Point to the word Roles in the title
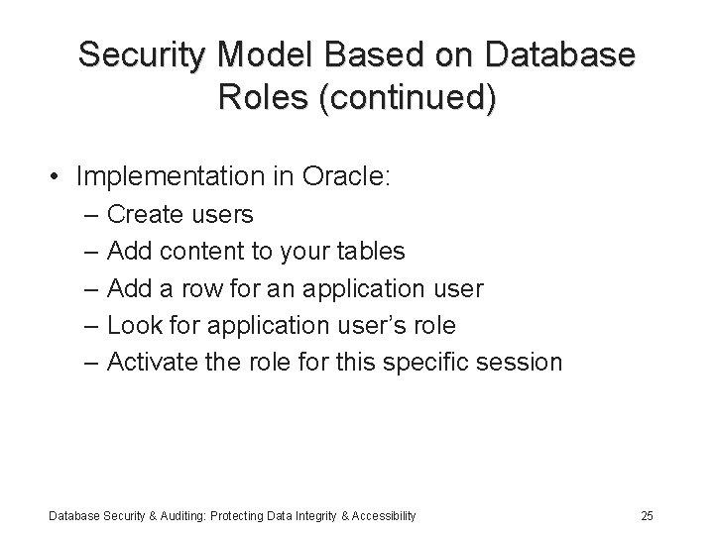click(261, 99)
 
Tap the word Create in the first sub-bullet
click(140, 214)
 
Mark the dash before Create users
click(91, 215)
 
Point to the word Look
click(130, 325)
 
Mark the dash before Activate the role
click(91, 363)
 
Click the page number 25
click(647, 515)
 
